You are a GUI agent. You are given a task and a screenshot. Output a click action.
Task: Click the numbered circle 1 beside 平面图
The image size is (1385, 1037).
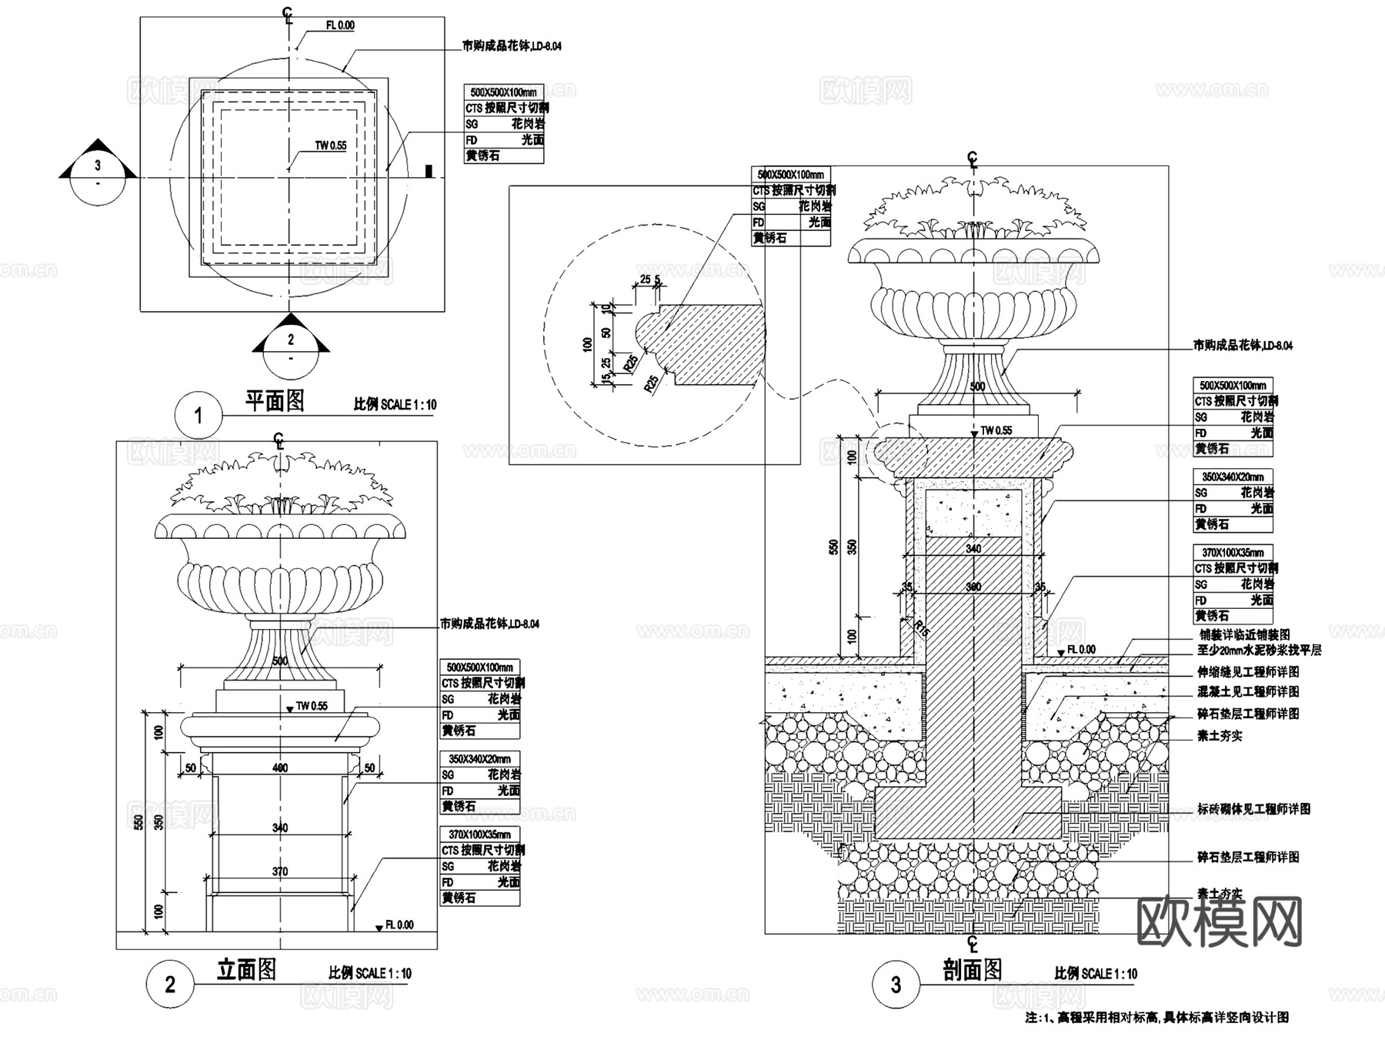point(199,416)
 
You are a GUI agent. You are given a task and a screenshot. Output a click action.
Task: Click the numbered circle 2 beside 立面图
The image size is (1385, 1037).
point(170,984)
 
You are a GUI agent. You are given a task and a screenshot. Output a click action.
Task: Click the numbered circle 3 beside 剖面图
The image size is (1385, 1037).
point(896,985)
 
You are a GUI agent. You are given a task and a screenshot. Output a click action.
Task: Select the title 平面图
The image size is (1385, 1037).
point(275,400)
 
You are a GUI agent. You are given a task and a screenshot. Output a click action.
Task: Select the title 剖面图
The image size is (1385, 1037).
point(973,970)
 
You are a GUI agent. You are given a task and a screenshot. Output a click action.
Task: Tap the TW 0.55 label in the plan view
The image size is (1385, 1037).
point(331,146)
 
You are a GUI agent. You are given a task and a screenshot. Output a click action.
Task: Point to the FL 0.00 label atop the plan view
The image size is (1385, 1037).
point(340,25)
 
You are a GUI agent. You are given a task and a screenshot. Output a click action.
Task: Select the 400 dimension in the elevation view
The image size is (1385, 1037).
point(280,768)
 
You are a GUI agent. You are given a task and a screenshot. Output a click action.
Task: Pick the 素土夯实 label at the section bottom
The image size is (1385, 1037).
point(1220,894)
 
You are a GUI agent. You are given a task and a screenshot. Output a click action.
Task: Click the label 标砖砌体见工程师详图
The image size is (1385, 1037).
point(1253,809)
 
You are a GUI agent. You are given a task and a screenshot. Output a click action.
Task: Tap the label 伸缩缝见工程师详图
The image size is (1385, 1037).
point(1247,672)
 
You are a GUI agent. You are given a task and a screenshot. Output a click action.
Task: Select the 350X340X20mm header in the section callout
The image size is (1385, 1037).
point(1232,477)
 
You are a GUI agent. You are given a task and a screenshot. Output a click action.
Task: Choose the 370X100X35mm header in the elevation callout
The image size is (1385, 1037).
point(479,835)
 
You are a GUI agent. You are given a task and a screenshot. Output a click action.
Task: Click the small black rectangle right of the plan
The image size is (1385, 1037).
point(429,171)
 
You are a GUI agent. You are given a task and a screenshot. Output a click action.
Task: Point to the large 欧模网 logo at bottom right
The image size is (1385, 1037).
point(1220,922)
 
